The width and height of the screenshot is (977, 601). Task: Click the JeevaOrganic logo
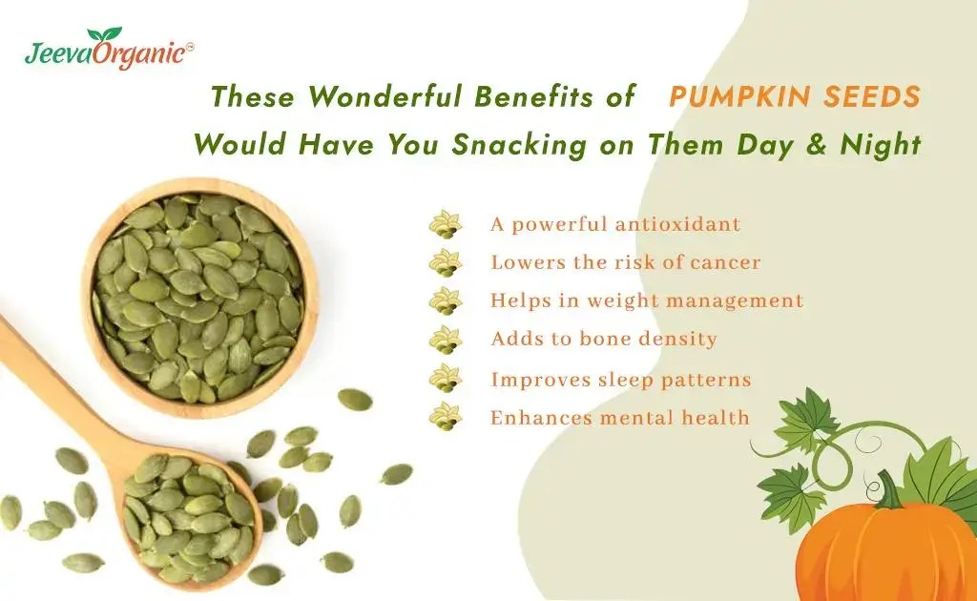pos(108,49)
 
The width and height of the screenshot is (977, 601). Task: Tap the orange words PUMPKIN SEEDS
pos(794,97)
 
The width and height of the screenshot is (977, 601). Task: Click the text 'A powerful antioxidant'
pos(615,225)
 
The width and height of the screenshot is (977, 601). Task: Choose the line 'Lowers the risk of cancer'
pos(625,262)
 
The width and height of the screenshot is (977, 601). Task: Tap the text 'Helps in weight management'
pos(646,300)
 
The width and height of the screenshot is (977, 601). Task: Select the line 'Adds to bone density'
pos(603,339)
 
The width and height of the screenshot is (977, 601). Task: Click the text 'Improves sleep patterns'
pos(620,380)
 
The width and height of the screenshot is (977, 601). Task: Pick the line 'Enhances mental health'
pos(619,418)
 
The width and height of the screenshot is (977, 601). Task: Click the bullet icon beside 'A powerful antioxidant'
pos(446,224)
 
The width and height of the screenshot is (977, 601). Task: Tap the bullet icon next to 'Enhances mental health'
pos(446,417)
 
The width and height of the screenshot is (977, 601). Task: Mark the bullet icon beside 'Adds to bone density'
pos(446,339)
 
